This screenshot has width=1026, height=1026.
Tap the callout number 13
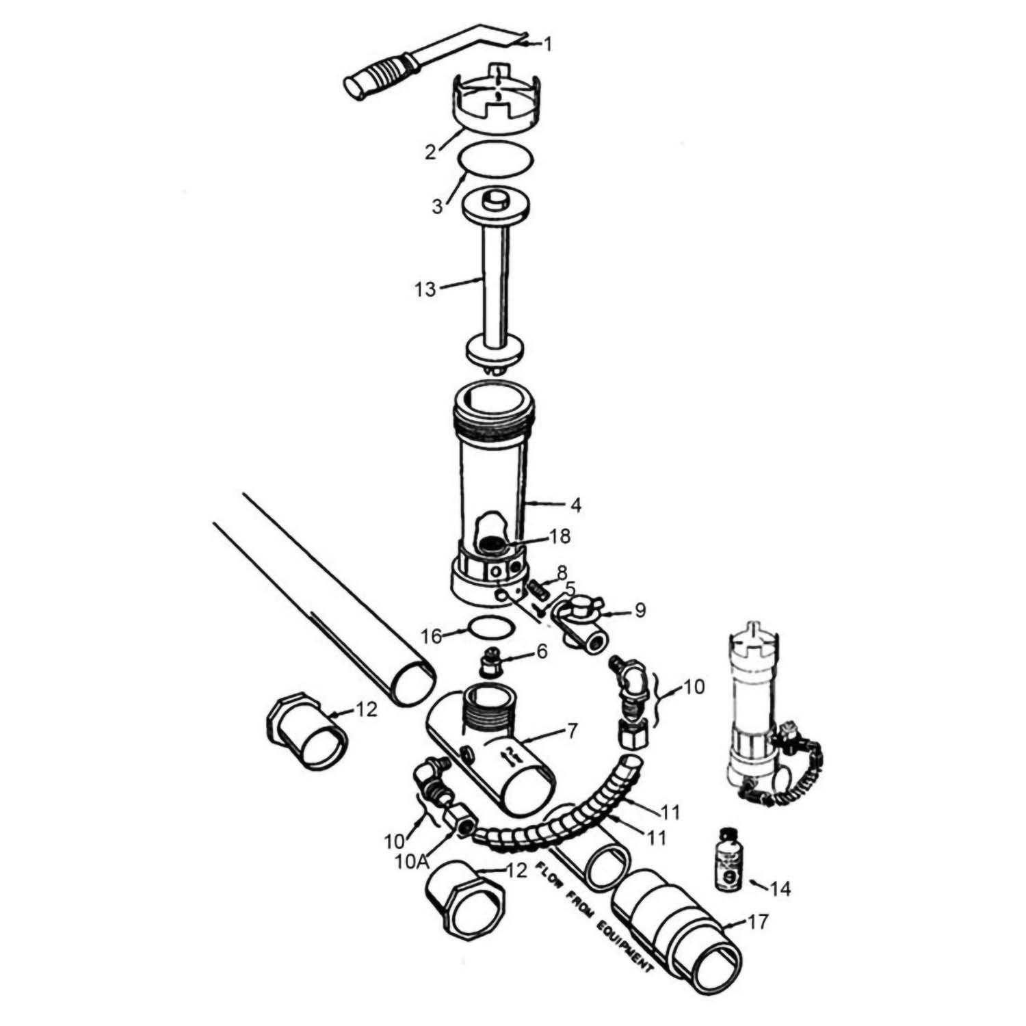[425, 289]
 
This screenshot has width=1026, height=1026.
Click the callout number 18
[560, 536]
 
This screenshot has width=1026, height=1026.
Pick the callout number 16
[432, 636]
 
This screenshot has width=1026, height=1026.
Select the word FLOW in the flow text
[550, 875]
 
